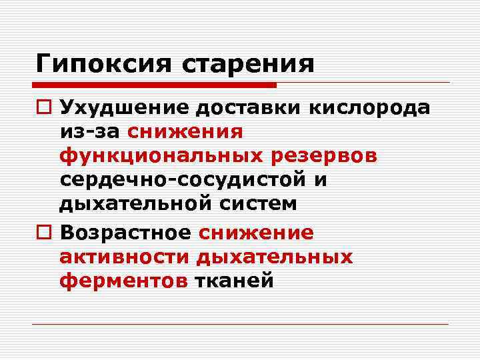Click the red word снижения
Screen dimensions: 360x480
(186, 131)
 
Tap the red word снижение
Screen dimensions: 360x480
(255, 233)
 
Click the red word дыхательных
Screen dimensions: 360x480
(274, 257)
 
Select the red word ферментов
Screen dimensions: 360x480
(123, 281)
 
